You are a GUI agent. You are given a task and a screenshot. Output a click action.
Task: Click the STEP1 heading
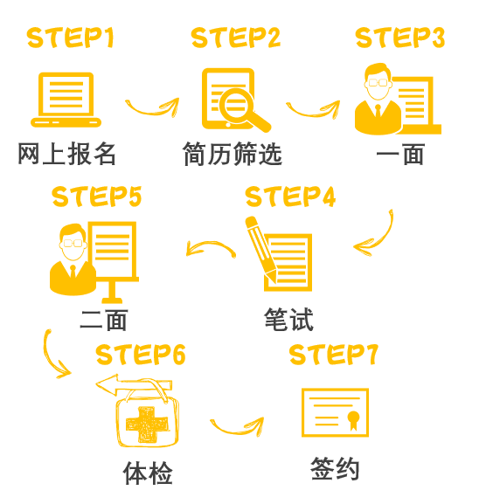pyautogui.click(x=71, y=38)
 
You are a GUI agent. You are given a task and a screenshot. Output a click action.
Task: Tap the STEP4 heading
pyautogui.click(x=290, y=196)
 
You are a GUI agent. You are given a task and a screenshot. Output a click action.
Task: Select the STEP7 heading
pyautogui.click(x=334, y=355)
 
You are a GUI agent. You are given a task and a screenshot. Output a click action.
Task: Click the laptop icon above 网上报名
pyautogui.click(x=66, y=100)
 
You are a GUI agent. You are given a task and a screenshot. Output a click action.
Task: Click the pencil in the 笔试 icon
pyautogui.click(x=260, y=249)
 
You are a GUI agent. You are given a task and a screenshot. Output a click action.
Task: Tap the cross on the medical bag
pyautogui.click(x=147, y=425)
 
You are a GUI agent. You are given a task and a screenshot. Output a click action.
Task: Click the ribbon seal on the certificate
pyautogui.click(x=353, y=419)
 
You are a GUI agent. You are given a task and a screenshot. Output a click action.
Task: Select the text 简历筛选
pyautogui.click(x=233, y=154)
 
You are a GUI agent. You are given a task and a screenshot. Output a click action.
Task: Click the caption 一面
pyautogui.click(x=400, y=155)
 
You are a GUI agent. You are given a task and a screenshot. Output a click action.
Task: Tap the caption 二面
pyautogui.click(x=104, y=320)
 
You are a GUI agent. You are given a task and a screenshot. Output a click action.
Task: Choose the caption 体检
pyautogui.click(x=148, y=473)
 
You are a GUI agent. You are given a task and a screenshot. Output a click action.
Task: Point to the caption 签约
pyautogui.click(x=335, y=469)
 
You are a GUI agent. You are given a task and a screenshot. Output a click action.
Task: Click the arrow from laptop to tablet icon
pyautogui.click(x=151, y=112)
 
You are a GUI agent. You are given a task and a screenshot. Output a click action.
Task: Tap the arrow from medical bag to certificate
pyautogui.click(x=236, y=432)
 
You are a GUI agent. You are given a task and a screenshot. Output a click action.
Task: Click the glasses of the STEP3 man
pyautogui.click(x=378, y=83)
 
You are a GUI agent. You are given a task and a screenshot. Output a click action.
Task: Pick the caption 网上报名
pyautogui.click(x=66, y=154)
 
